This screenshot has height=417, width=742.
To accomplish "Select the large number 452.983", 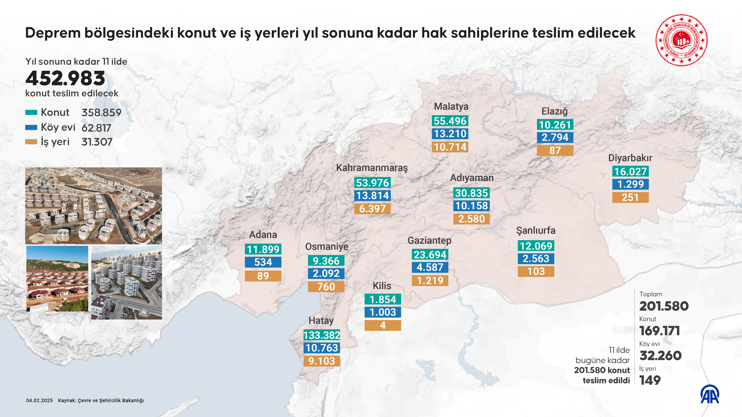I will (x=65, y=78).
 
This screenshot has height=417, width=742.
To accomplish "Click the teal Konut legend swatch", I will (x=31, y=112).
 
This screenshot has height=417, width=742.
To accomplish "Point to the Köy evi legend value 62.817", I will (x=96, y=128).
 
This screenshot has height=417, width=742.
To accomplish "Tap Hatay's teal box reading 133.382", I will (x=322, y=335).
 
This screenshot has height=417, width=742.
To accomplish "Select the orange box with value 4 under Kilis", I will (x=383, y=325).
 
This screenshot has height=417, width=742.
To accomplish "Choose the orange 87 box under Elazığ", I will (x=555, y=150).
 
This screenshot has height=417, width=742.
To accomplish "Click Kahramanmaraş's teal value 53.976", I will (x=372, y=183).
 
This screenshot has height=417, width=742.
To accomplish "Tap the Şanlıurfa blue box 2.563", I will (x=536, y=258).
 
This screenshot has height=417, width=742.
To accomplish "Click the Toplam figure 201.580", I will (x=664, y=306).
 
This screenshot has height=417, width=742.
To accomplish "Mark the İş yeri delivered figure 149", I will (x=650, y=380).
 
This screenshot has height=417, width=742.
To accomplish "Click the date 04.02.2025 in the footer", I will (x=40, y=400).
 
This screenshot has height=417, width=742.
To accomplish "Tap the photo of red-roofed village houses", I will (x=57, y=279).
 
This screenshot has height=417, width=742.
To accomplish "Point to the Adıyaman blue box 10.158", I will (x=472, y=206).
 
